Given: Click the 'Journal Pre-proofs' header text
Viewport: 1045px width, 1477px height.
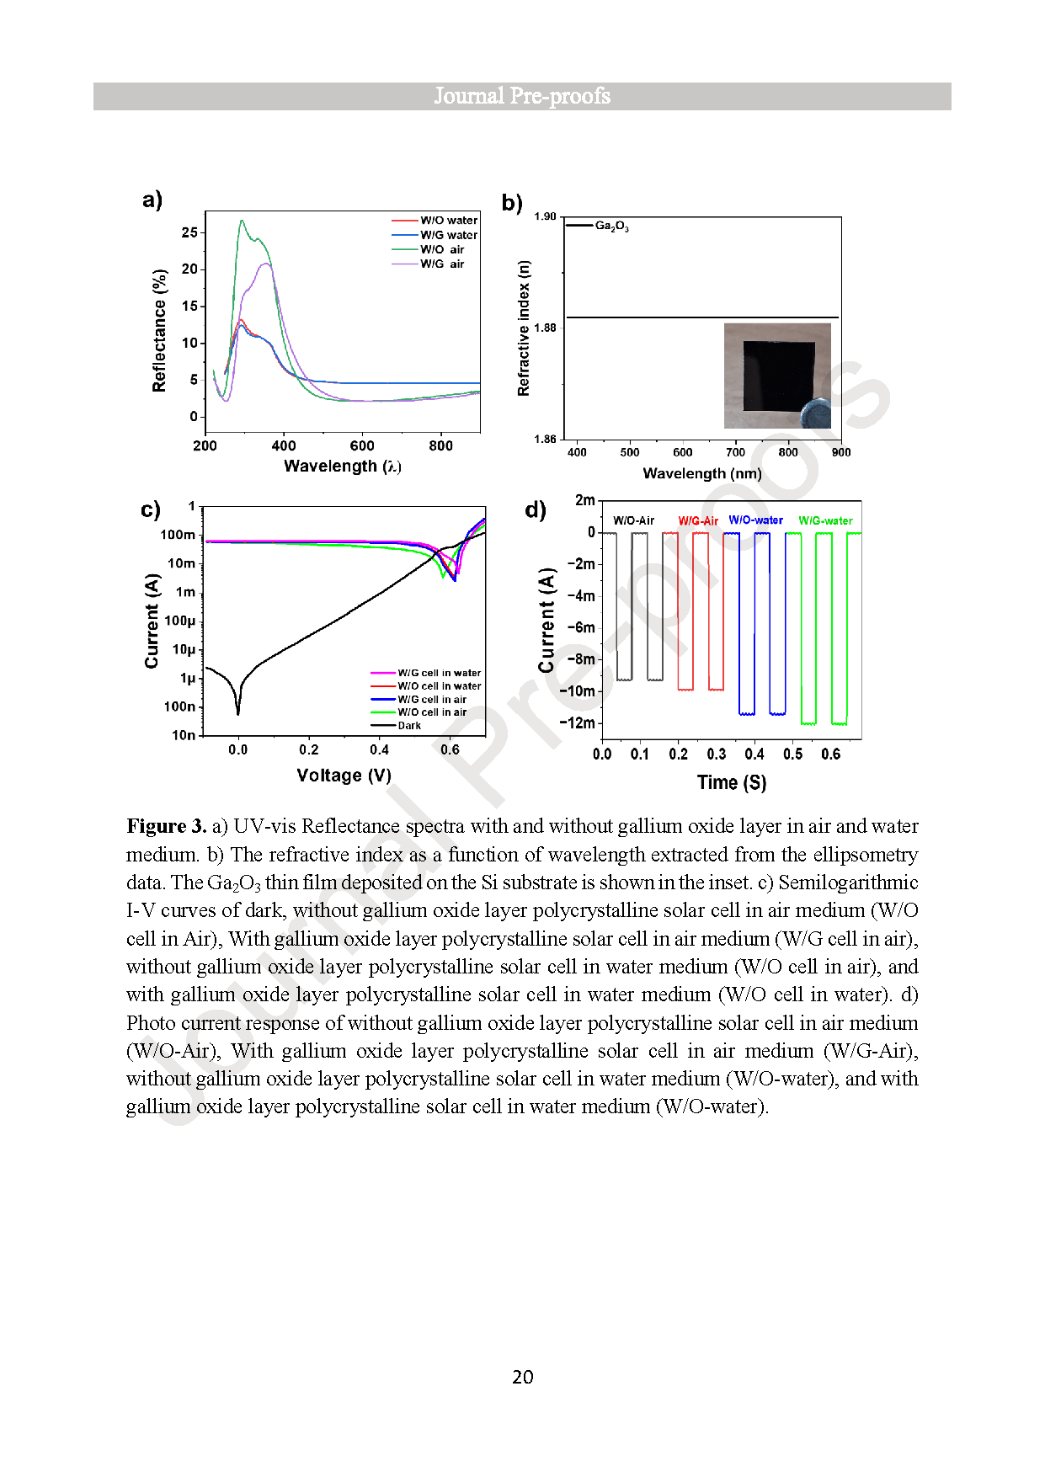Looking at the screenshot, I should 522,96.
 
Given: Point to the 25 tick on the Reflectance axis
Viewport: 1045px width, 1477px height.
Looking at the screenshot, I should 190,232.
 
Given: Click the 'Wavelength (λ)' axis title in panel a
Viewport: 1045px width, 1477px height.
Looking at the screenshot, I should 342,466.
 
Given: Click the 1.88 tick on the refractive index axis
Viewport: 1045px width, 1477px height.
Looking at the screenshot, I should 545,328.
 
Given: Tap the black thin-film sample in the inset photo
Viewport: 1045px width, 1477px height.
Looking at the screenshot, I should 778,375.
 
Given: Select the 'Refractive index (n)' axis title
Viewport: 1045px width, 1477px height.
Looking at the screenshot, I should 524,328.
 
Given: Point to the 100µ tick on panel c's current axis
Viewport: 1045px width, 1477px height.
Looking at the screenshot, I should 180,621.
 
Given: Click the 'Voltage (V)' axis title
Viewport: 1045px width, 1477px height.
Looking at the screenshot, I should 344,775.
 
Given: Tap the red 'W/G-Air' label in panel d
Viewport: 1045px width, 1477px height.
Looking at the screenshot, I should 698,521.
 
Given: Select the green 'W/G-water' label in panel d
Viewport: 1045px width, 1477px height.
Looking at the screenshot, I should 825,521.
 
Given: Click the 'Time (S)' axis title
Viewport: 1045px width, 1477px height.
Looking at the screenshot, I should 731,782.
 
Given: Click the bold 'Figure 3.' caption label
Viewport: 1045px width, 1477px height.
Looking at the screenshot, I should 166,826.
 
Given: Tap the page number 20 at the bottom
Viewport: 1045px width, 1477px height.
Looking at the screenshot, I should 522,1377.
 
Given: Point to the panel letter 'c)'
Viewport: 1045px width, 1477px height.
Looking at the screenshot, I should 150,509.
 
